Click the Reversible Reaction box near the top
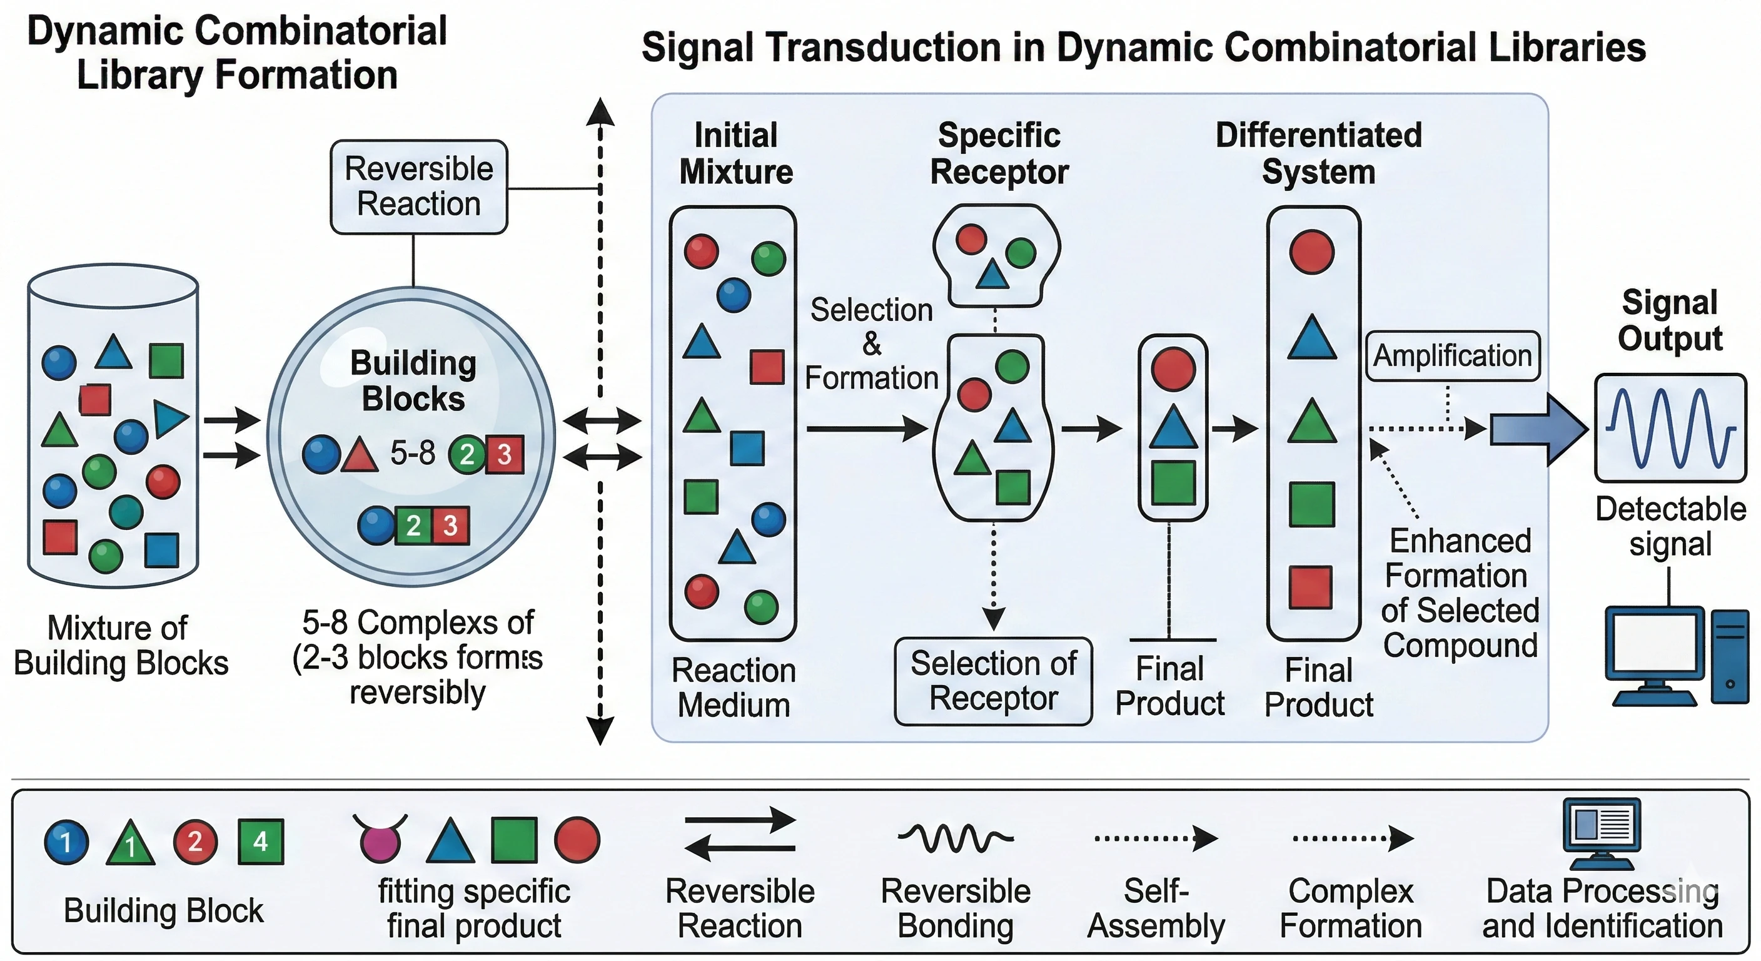(418, 186)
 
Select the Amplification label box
(1452, 355)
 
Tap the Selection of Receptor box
(993, 681)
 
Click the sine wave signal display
(1670, 427)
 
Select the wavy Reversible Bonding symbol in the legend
(955, 837)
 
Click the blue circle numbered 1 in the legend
(66, 842)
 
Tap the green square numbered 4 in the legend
(260, 842)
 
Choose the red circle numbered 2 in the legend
(195, 842)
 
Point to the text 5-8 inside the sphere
(412, 453)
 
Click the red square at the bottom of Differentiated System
(1311, 587)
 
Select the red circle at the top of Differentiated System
(1311, 252)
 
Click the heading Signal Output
(1670, 320)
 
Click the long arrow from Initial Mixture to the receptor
(866, 429)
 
